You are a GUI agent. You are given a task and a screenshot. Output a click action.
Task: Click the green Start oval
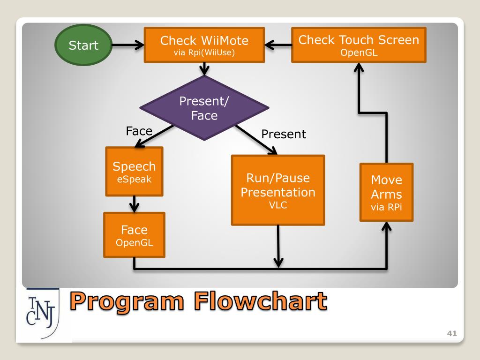point(83,45)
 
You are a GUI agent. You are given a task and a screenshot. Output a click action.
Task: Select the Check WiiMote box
point(204,45)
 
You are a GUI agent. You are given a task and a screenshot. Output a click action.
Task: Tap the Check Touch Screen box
point(359,45)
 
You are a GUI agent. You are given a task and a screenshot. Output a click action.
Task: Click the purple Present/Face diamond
point(204,108)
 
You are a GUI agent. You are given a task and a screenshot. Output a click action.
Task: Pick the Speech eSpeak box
point(134,172)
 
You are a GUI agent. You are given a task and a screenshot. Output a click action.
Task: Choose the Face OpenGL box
point(134,235)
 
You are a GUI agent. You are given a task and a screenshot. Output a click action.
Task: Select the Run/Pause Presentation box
point(278,190)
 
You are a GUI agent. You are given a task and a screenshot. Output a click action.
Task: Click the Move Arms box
point(386,192)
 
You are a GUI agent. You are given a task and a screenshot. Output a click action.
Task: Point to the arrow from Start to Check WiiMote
point(128,45)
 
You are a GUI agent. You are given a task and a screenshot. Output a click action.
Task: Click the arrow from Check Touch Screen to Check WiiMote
point(278,45)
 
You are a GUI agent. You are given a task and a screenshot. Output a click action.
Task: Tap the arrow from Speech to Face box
point(134,204)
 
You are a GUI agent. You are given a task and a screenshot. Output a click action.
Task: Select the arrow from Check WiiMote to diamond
point(204,69)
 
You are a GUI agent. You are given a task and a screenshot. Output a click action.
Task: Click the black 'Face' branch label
point(139,131)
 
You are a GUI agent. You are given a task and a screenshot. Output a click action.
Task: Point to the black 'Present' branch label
point(284,134)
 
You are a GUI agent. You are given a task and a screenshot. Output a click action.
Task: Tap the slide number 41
point(452,333)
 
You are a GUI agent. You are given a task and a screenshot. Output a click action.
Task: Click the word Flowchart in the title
point(261,301)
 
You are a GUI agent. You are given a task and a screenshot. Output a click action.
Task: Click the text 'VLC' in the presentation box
point(278,205)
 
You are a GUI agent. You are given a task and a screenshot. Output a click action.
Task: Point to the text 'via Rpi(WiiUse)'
point(204,52)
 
